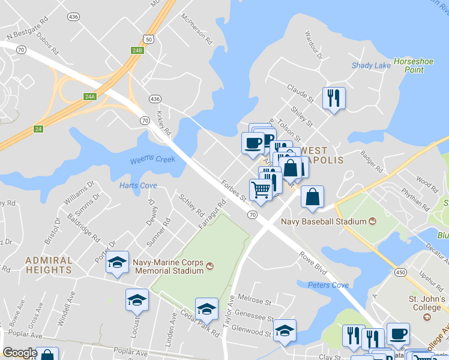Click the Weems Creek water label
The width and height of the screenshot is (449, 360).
pos(152,160)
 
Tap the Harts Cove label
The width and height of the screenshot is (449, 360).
pos(138,185)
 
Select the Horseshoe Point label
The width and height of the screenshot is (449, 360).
pos(409,65)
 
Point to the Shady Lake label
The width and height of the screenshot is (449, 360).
pos(371,65)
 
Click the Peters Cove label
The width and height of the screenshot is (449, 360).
pos(328,285)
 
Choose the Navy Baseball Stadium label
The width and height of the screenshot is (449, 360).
pos(324,221)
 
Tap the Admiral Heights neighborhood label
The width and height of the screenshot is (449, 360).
pos(49,265)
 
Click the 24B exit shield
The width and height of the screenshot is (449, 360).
pos(137,50)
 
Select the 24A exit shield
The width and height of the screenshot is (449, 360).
pos(90,97)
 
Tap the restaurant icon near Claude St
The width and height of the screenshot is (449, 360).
pos(334,98)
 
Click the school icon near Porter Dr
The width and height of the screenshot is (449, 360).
pos(118,262)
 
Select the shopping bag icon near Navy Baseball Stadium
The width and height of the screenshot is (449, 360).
pos(312,197)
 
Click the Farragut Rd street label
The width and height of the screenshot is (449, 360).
pos(212,214)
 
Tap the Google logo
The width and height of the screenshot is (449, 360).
pos(20,353)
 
